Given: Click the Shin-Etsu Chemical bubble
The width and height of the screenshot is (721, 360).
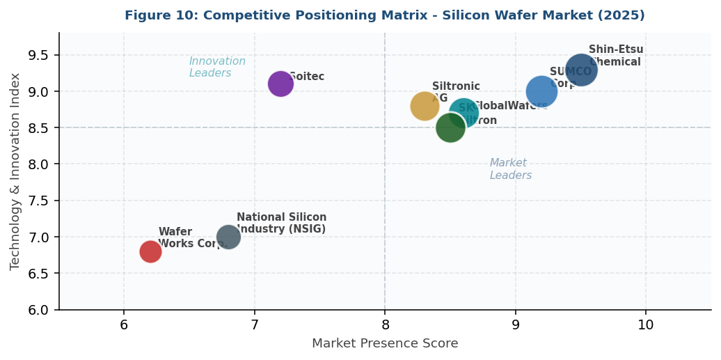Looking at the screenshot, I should pyautogui.click(x=580, y=70).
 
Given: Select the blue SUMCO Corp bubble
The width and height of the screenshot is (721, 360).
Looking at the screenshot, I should pyautogui.click(x=541, y=91).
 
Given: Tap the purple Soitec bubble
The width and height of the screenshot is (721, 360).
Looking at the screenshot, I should pyautogui.click(x=280, y=84).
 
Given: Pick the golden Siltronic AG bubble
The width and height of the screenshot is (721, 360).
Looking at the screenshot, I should pyautogui.click(x=424, y=106).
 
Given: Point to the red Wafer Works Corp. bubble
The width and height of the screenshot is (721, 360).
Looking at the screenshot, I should pyautogui.click(x=150, y=251).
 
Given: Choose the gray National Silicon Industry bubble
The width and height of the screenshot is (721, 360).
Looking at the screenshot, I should pyautogui.click(x=228, y=237).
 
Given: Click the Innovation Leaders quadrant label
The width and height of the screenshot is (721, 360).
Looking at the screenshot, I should pyautogui.click(x=217, y=67).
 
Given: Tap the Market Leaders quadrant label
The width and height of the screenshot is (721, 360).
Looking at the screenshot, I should pyautogui.click(x=511, y=169).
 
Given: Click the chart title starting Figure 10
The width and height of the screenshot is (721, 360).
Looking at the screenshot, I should pyautogui.click(x=384, y=15).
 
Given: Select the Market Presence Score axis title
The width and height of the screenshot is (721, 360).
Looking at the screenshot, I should pyautogui.click(x=384, y=343).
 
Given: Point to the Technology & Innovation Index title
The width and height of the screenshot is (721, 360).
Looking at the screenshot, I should pyautogui.click(x=15, y=171).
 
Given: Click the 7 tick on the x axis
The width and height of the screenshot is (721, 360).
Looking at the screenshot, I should pyautogui.click(x=255, y=325).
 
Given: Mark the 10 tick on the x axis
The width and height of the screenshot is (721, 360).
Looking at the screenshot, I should pyautogui.click(x=645, y=325).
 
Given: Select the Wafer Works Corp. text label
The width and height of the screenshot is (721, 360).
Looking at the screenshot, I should pyautogui.click(x=193, y=237).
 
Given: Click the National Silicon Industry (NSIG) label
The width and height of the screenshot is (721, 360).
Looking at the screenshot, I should pyautogui.click(x=281, y=223).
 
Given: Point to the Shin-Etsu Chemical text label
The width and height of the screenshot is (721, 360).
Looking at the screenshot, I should pyautogui.click(x=616, y=56).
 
